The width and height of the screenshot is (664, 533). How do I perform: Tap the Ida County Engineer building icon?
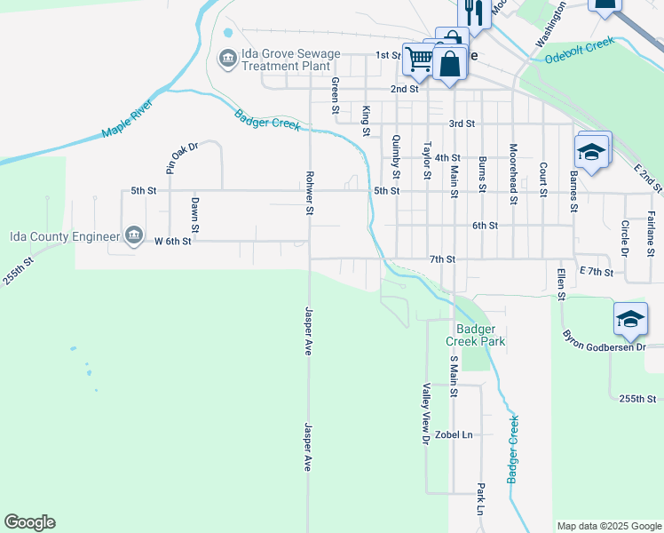pyautogui.click(x=133, y=235)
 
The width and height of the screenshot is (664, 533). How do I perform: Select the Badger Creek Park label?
pyautogui.click(x=474, y=335)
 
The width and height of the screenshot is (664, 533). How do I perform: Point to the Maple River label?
pyautogui.click(x=128, y=119)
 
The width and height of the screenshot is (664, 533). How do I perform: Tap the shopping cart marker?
pyautogui.click(x=418, y=60)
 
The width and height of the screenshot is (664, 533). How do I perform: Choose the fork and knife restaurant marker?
pyautogui.click(x=473, y=13)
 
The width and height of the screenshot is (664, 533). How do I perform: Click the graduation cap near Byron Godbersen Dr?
pyautogui.click(x=630, y=320)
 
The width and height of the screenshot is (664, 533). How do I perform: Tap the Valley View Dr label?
pyautogui.click(x=426, y=413)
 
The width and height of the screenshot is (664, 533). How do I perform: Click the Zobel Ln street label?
pyautogui.click(x=454, y=434)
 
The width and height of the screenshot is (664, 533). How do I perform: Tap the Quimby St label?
pyautogui.click(x=396, y=156)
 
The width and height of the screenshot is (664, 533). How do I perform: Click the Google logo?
pyautogui.click(x=29, y=522)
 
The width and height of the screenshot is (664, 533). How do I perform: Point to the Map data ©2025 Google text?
pyautogui.click(x=608, y=526)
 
